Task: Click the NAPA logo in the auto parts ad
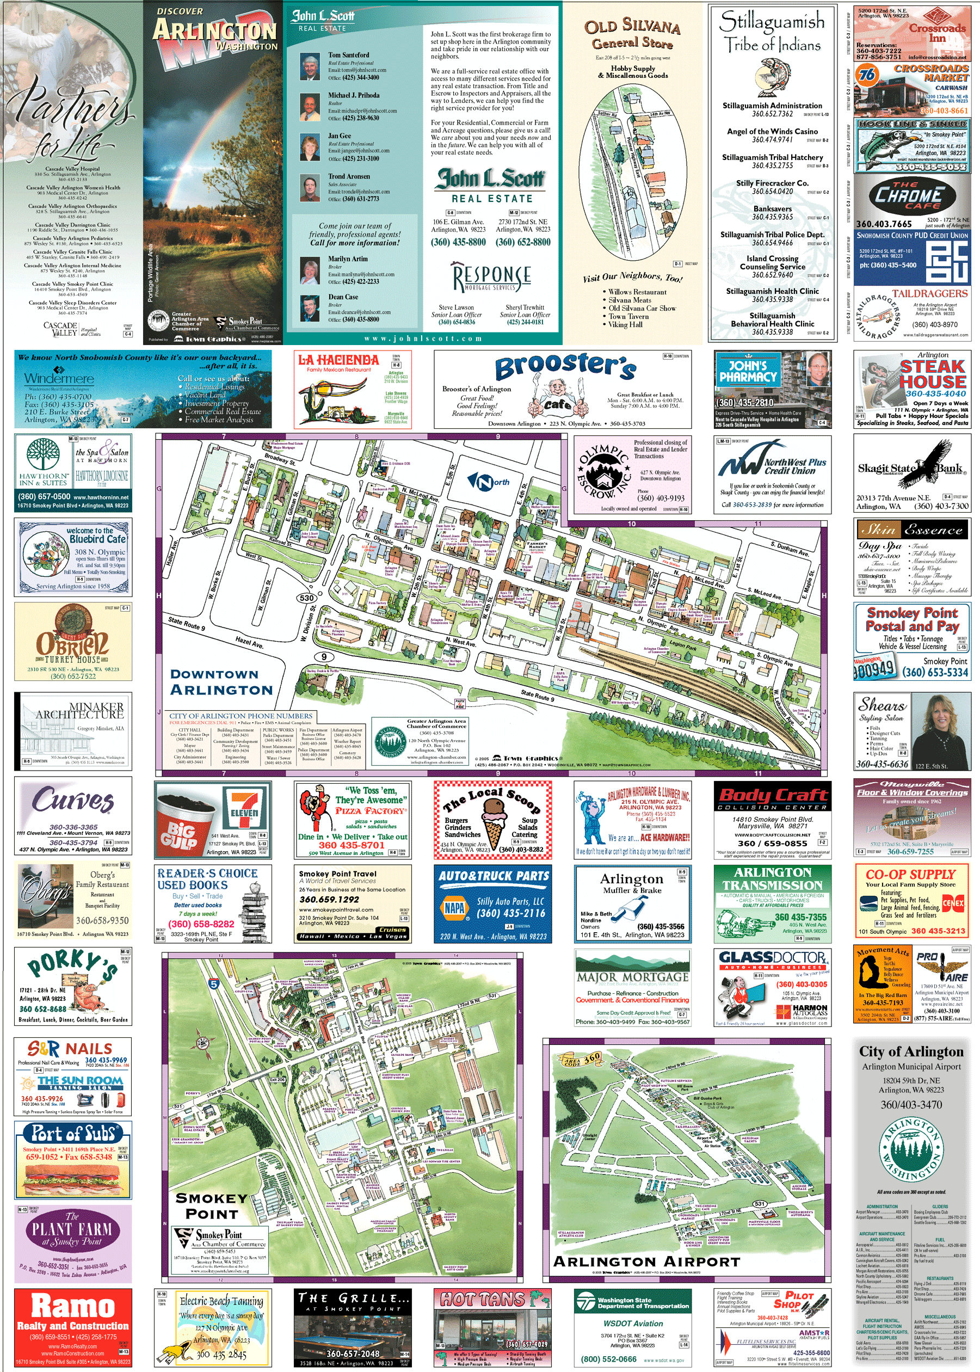(454, 908)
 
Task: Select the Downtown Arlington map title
(221, 682)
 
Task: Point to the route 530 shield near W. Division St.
(306, 598)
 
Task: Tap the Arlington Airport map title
(646, 1262)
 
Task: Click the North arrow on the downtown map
(488, 481)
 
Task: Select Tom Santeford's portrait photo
(310, 67)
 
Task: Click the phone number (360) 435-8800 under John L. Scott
(458, 242)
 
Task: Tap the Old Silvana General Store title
(632, 34)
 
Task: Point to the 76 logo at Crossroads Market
(868, 75)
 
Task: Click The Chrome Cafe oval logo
(908, 195)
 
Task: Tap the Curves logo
(73, 801)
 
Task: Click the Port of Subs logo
(73, 1133)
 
